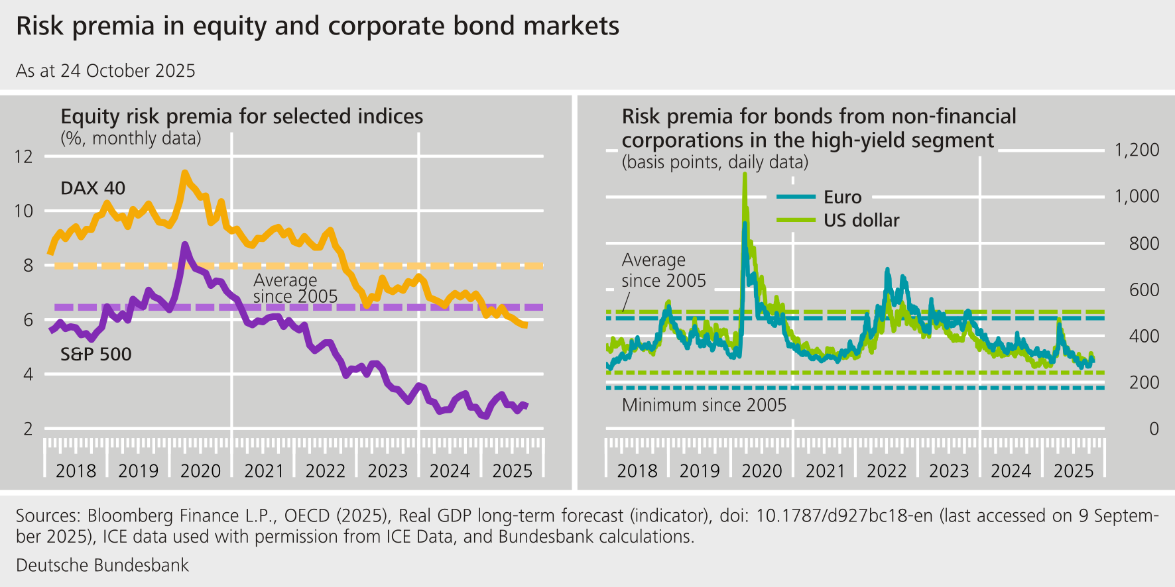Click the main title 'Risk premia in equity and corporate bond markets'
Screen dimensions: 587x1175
pyautogui.click(x=317, y=27)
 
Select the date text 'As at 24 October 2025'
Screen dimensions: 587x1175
pyautogui.click(x=105, y=71)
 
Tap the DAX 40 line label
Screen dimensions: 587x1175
pyautogui.click(x=93, y=188)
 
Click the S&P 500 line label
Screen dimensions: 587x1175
pyautogui.click(x=96, y=354)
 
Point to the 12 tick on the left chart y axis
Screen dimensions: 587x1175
pyautogui.click(x=23, y=156)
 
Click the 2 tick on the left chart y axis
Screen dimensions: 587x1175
pyautogui.click(x=28, y=429)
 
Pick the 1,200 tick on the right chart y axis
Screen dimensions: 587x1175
pyautogui.click(x=1137, y=150)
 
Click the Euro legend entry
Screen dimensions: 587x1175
pyautogui.click(x=842, y=197)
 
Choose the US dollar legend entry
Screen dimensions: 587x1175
pyautogui.click(x=861, y=221)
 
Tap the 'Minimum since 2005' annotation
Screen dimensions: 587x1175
pyautogui.click(x=704, y=405)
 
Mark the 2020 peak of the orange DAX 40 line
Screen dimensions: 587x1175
pyautogui.click(x=184, y=174)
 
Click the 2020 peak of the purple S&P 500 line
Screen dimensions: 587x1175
pyautogui.click(x=185, y=245)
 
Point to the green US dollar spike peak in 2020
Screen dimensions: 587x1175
pyautogui.click(x=745, y=175)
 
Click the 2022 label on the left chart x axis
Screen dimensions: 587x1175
pyautogui.click(x=325, y=470)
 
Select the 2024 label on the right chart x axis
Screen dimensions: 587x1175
pyautogui.click(x=1011, y=470)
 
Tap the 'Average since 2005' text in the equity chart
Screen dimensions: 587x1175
pyautogui.click(x=295, y=288)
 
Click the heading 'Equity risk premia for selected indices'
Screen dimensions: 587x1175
pyautogui.click(x=241, y=117)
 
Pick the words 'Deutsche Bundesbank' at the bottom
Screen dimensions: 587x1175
pyautogui.click(x=102, y=565)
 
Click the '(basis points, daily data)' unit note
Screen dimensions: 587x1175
pyautogui.click(x=715, y=162)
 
